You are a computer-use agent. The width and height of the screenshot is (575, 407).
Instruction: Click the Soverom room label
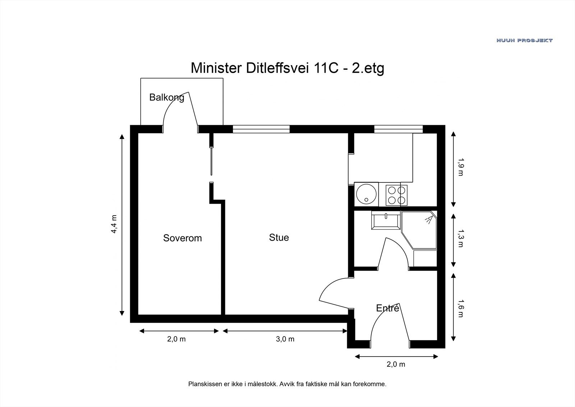182,238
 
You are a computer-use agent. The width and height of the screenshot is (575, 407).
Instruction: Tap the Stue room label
279,238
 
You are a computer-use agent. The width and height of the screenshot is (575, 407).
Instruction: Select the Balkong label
166,97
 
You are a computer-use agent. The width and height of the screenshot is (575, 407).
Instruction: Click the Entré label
387,308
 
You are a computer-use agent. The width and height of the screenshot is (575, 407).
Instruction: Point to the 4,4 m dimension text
114,224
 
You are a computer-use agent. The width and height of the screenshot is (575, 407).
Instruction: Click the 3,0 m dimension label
285,339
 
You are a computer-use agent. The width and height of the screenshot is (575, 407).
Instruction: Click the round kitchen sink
366,194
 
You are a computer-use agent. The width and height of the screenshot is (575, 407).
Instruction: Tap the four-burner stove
397,195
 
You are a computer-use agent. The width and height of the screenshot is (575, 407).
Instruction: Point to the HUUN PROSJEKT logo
524,40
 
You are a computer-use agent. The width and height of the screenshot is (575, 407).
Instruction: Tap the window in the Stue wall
261,129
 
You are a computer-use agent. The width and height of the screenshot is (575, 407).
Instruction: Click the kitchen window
398,129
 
